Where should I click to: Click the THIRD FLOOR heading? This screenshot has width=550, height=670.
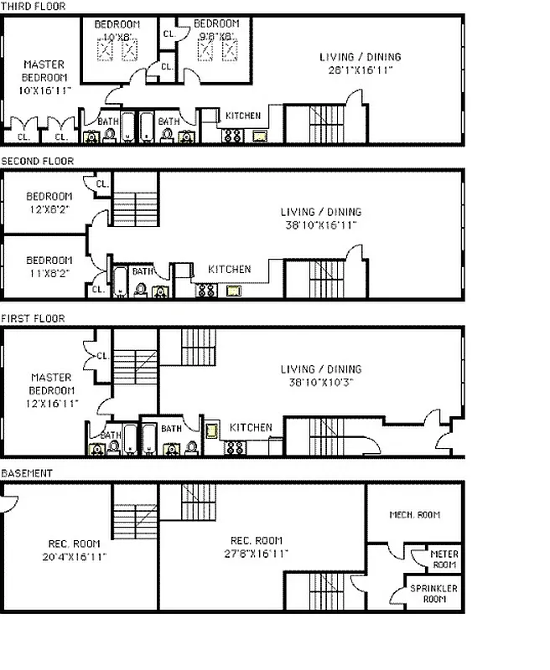point(33,6)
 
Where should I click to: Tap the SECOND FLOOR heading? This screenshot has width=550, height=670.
point(37,161)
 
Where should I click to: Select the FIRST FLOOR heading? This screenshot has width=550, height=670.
point(34,318)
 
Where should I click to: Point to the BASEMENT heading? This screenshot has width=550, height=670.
point(27,473)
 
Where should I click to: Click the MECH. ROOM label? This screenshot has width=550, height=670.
point(415,514)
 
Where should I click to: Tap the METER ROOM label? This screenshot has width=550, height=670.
point(444,559)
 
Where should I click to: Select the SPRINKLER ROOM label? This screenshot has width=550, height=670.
point(433,594)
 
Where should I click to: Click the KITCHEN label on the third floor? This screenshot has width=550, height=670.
point(242,116)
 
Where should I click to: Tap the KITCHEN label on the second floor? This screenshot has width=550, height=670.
point(229,270)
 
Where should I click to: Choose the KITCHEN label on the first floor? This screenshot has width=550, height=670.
point(251,427)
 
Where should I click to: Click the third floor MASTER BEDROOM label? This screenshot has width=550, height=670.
point(44,70)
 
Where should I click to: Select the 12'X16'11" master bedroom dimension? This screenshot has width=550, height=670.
point(52,403)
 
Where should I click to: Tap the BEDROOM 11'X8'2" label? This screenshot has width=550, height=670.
point(49,265)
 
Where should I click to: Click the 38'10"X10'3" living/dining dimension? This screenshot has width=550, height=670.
point(321,383)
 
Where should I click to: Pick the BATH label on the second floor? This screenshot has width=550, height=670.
point(143,271)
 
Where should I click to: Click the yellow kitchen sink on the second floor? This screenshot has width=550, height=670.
point(231,291)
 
